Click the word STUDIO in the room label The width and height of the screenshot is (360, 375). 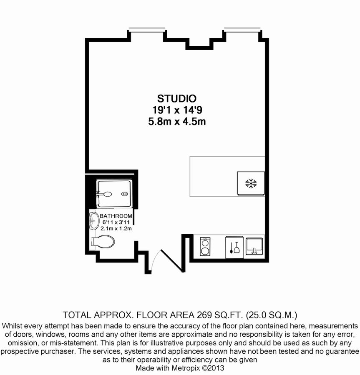tap(176, 99)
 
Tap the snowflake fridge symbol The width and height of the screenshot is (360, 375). tap(251, 183)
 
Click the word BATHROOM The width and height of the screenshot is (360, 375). tap(116, 216)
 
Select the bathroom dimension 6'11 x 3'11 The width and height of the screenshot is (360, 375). tap(116, 223)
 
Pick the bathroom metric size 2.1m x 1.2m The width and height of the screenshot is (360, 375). tap(116, 229)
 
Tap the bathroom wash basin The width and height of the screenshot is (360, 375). tap(92, 221)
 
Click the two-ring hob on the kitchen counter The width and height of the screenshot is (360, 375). tap(206, 246)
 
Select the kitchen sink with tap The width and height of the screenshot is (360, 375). tap(254, 246)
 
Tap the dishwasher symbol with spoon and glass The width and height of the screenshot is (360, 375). tap(234, 246)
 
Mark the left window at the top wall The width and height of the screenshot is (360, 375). tap(147, 29)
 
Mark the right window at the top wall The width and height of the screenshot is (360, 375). tap(243, 29)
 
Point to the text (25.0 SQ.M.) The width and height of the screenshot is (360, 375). tap(271, 314)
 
